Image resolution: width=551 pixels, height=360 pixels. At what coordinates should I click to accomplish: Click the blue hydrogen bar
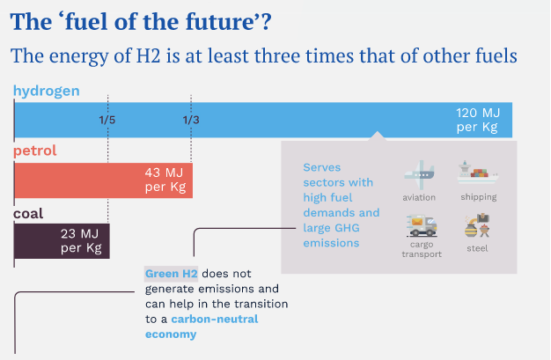(264, 119)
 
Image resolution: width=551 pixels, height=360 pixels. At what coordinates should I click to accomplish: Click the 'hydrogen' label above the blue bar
(47, 90)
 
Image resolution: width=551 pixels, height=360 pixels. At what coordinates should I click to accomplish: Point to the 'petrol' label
(35, 151)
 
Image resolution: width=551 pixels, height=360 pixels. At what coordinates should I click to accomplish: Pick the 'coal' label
(28, 213)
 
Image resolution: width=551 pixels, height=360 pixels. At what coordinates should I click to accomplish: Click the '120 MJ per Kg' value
(476, 120)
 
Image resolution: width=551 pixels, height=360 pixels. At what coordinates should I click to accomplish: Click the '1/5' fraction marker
(107, 120)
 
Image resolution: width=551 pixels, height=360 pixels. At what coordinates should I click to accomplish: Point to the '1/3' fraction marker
(191, 120)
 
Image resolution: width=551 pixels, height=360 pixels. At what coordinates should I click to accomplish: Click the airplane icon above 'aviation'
(418, 172)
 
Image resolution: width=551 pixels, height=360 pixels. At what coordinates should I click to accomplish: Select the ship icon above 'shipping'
(478, 172)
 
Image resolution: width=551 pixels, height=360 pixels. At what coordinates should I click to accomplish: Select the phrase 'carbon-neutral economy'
(202, 327)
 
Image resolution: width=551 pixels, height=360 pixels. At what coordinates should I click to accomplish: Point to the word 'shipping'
(478, 198)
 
